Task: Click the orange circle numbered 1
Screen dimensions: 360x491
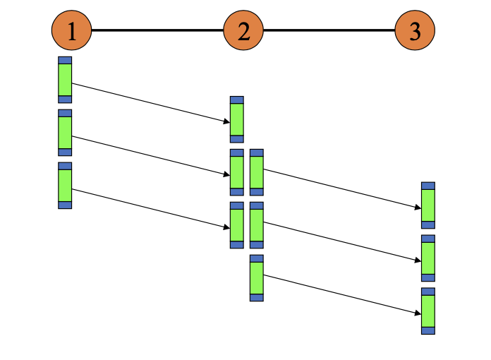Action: (x=71, y=31)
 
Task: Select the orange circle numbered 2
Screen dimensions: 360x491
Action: (x=243, y=31)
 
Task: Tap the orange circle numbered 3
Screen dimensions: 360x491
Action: (x=415, y=31)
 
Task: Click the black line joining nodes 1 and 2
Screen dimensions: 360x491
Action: (x=157, y=30)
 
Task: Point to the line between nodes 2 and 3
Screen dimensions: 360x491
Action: (x=329, y=30)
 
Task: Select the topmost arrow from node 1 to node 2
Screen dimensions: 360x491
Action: (x=151, y=103)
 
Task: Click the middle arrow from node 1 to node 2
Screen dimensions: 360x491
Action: (x=151, y=156)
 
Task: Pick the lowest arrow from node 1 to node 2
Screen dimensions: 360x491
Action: (x=151, y=209)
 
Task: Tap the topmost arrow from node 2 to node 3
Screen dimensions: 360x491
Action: (x=342, y=188)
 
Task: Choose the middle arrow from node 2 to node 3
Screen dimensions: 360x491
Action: (x=342, y=241)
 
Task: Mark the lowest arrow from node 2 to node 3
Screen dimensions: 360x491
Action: (x=342, y=294)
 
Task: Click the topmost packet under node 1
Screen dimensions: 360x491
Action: (x=65, y=80)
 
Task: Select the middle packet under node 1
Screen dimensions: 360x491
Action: (x=65, y=133)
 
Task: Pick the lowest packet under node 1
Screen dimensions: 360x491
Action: (x=65, y=186)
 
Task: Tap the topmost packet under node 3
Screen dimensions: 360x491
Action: (x=428, y=205)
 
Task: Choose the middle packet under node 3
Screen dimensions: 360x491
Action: (x=428, y=258)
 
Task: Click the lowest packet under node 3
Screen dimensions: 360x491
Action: (x=428, y=311)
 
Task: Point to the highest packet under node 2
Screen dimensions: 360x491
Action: (x=237, y=119)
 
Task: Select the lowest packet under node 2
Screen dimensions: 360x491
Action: (x=257, y=278)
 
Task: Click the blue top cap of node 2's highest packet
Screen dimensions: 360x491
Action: (x=237, y=100)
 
